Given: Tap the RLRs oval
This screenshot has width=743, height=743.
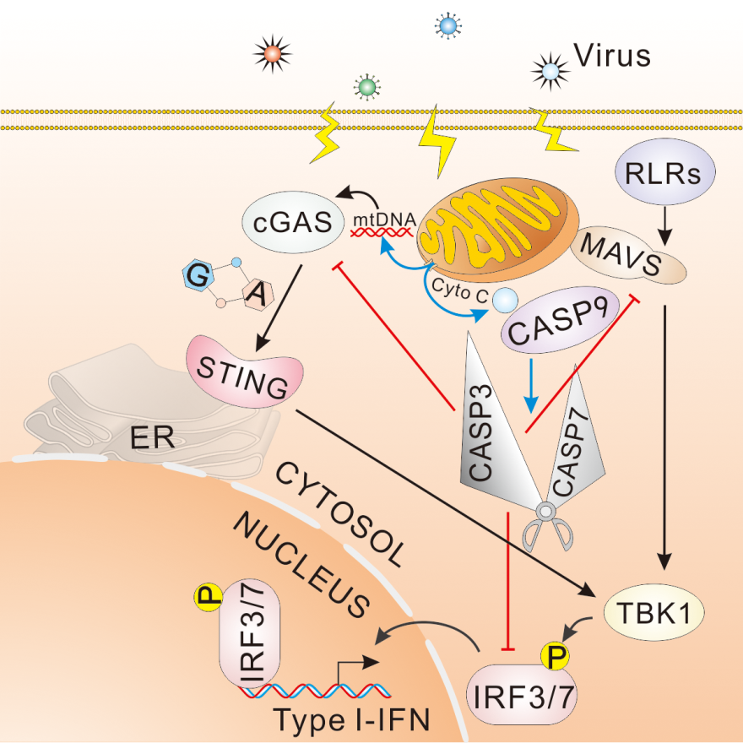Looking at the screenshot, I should click(667, 173).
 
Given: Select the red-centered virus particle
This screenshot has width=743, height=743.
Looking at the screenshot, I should click(272, 54).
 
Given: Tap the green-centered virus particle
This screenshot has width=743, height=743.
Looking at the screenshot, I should click(366, 85).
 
